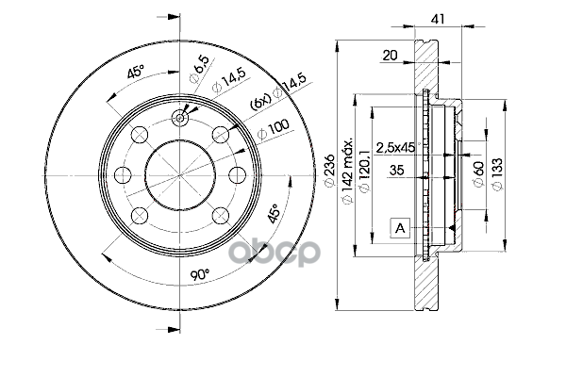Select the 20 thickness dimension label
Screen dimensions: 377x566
point(389,55)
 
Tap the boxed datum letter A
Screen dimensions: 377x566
point(401,227)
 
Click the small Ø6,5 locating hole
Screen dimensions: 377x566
point(181,120)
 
